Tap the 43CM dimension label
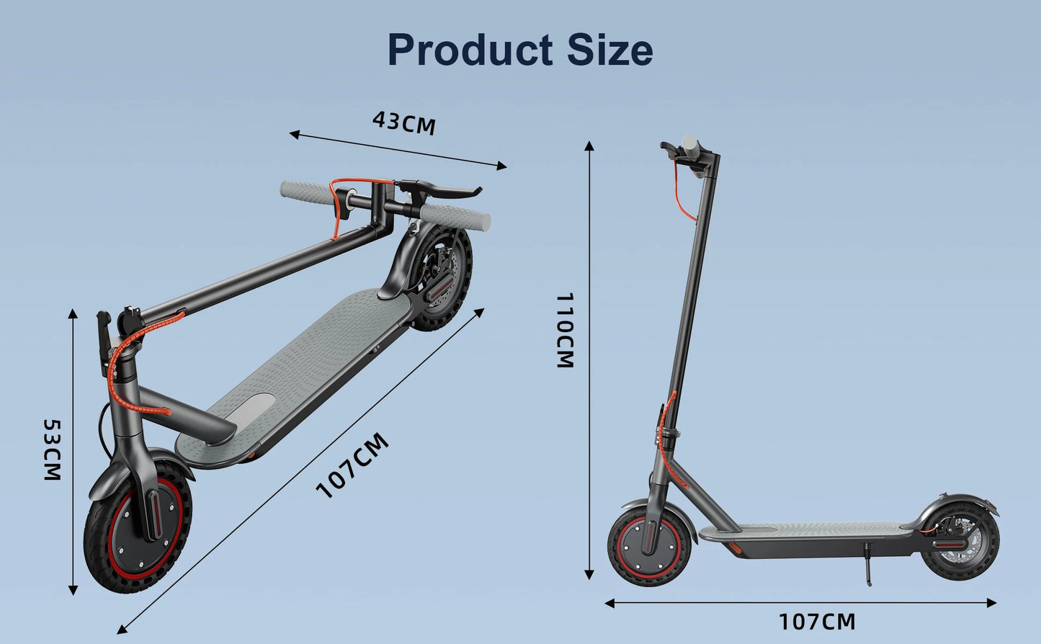tap(404, 122)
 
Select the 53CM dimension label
tap(52, 450)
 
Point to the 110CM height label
tap(566, 330)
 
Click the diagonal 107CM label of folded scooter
tap(353, 465)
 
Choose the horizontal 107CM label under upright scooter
tap(817, 621)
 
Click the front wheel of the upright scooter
tap(649, 545)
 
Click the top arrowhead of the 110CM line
tap(589, 146)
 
